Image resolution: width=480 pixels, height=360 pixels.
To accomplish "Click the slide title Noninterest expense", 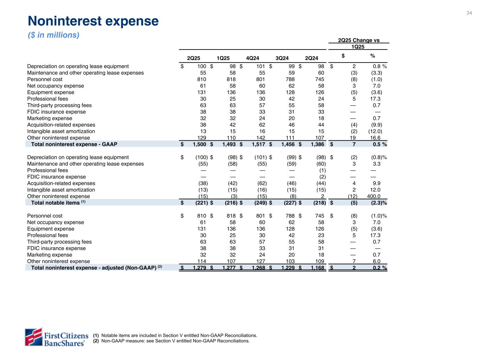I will pyautogui.click(x=93, y=21).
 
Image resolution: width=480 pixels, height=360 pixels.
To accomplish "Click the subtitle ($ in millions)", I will pyautogui.click(x=53, y=35).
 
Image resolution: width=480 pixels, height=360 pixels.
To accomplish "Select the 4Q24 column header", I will pyautogui.click(x=253, y=58).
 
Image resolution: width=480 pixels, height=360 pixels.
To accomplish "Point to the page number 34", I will pyautogui.click(x=469, y=13).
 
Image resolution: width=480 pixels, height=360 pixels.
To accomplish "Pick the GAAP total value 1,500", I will pyautogui.click(x=199, y=144).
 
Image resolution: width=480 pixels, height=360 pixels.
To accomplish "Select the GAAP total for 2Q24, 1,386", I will pyautogui.click(x=317, y=144).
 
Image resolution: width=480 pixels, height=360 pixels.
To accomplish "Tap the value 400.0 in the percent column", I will pyautogui.click(x=373, y=196).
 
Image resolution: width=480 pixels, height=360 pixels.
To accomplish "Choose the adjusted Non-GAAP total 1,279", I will pyautogui.click(x=199, y=268).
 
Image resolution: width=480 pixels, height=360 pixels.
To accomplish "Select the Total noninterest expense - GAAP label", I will pyautogui.click(x=74, y=144).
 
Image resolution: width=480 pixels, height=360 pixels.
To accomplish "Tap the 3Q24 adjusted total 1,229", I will pyautogui.click(x=287, y=268).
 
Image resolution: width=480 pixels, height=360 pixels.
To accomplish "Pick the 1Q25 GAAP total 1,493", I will pyautogui.click(x=228, y=144).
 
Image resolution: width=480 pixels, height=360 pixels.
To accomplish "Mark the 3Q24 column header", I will pyautogui.click(x=282, y=58).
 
